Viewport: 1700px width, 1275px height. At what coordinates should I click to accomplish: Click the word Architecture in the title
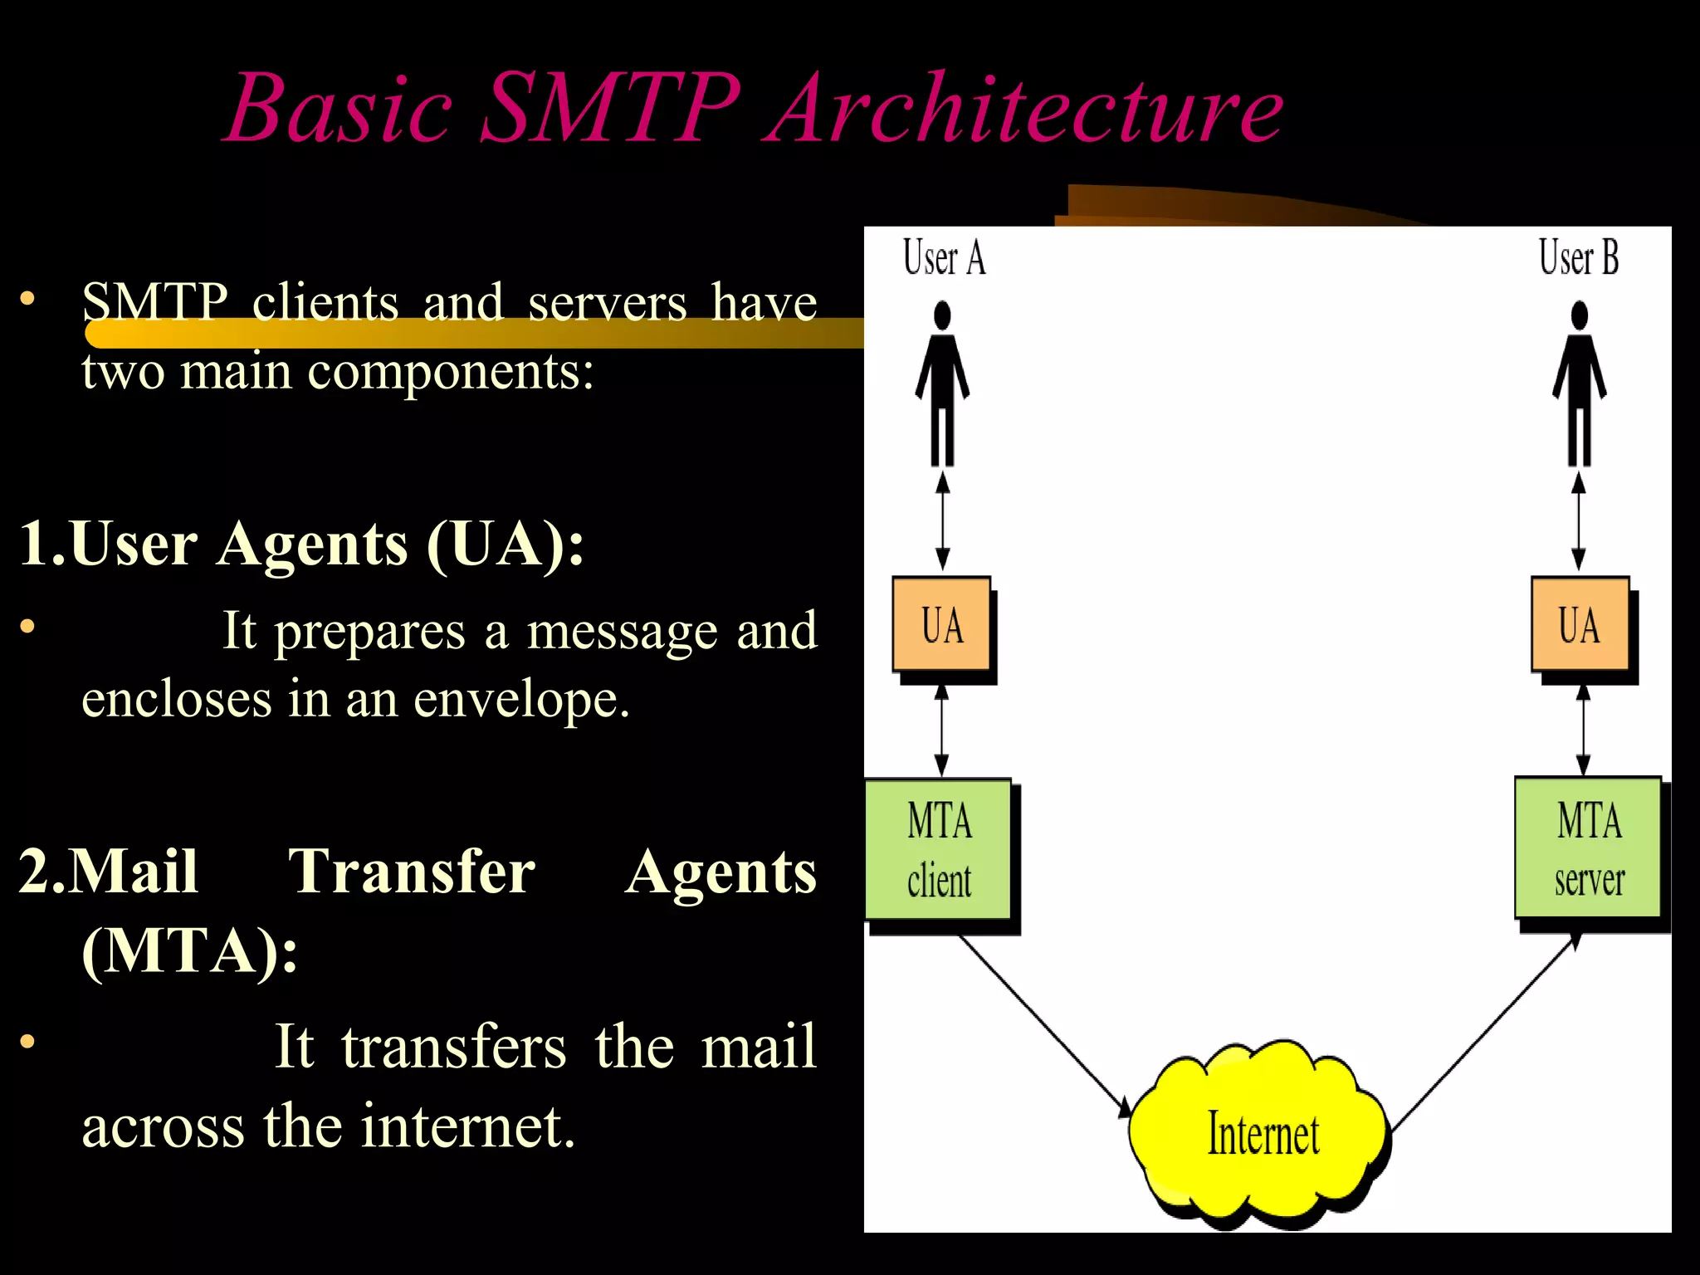coord(1028,108)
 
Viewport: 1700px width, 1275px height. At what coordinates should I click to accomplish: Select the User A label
coord(944,257)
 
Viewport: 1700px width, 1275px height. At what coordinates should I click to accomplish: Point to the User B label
coord(1578,257)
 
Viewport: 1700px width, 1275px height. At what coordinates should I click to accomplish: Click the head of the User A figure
coord(942,315)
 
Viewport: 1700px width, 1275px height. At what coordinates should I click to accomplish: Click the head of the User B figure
coord(1580,315)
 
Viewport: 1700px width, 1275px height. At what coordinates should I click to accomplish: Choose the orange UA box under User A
coord(941,624)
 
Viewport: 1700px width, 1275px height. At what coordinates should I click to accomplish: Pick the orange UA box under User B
coord(1579,624)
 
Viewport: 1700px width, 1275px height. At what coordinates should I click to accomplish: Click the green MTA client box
coord(938,848)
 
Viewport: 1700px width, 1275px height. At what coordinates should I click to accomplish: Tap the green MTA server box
coord(1588,847)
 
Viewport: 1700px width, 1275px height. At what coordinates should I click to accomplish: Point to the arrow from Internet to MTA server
coord(1484,1033)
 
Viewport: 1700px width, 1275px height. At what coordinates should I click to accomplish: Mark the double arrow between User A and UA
coord(942,520)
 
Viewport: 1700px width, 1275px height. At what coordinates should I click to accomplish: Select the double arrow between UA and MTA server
coord(1583,730)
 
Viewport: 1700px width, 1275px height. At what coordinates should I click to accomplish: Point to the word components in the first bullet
coord(451,371)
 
